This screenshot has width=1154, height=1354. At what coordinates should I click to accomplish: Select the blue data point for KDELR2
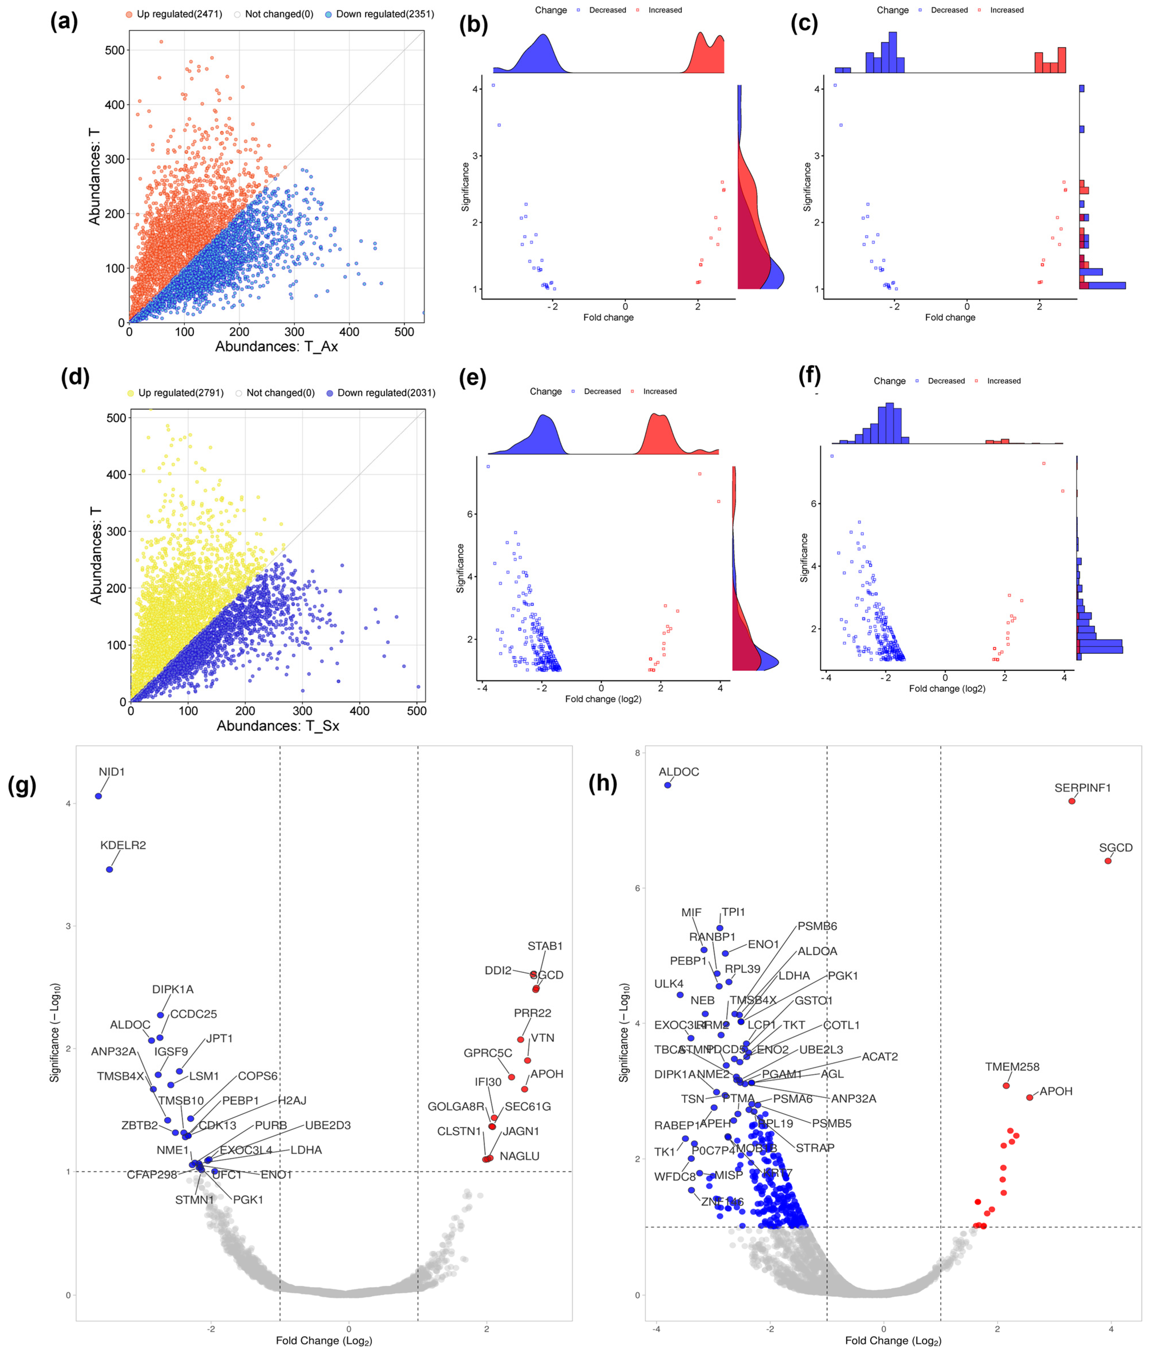(x=109, y=869)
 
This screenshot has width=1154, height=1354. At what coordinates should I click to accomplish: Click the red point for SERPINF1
(x=1072, y=801)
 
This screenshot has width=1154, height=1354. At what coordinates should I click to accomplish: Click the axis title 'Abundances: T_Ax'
(x=276, y=346)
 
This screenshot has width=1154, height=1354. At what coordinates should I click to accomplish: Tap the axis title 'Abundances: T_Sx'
(x=278, y=726)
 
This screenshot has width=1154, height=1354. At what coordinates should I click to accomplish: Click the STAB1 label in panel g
(x=545, y=946)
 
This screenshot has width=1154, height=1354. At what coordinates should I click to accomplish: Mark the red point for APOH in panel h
(x=1030, y=1097)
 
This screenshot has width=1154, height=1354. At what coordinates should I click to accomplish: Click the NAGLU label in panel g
(x=520, y=1156)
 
